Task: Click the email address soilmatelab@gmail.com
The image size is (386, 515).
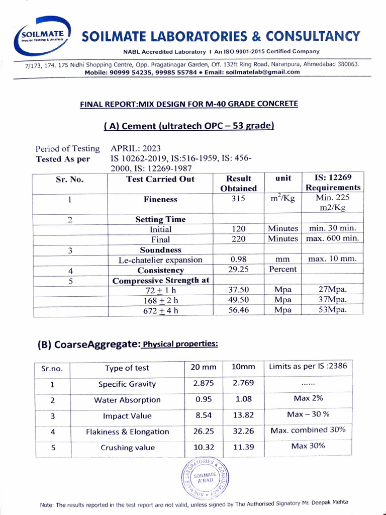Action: point(263,72)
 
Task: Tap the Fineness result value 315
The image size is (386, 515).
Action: point(238,199)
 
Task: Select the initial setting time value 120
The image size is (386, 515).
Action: point(238,229)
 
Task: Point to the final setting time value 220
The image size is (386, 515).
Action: point(238,239)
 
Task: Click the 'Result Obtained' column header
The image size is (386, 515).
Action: point(238,183)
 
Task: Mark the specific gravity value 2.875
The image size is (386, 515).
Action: point(204,383)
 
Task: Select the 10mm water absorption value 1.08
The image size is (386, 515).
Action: point(243,399)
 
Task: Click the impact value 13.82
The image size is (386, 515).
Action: point(243,415)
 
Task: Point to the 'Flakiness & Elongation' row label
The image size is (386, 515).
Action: point(128,432)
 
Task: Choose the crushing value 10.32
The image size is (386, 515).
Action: point(204,447)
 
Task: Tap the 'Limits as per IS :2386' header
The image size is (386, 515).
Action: point(308,366)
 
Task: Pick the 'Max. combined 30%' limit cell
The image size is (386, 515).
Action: point(308,431)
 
